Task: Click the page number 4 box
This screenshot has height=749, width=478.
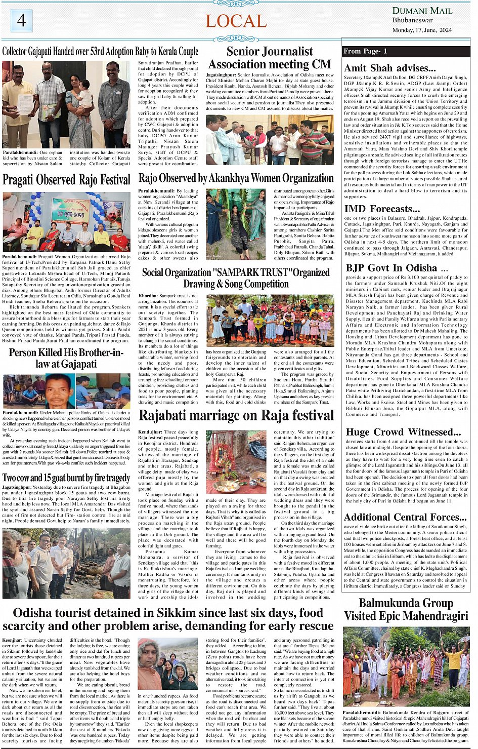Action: [x=21, y=21]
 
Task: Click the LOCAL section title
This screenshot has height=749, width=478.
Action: [x=236, y=21]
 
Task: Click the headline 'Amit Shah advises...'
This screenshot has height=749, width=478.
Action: [x=389, y=68]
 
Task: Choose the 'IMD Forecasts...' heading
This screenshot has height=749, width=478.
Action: [x=382, y=209]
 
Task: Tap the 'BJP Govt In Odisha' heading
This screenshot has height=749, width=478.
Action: [x=392, y=268]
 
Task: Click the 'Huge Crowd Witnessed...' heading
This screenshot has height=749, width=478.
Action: [x=403, y=432]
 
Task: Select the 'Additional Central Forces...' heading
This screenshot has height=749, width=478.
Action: [x=405, y=517]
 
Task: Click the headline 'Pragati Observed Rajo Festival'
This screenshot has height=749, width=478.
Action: [x=66, y=180]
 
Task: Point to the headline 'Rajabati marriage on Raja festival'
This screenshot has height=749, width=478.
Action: [x=236, y=416]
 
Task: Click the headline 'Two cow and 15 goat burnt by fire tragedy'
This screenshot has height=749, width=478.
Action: [x=66, y=478]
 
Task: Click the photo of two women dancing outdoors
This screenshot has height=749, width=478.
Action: [x=236, y=224]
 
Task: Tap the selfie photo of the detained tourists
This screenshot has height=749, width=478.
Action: [x=168, y=664]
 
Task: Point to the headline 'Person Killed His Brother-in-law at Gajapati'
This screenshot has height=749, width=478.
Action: [x=66, y=358]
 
